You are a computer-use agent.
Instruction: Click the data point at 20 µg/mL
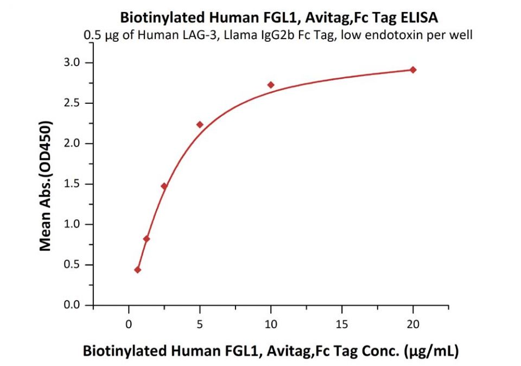click(413, 70)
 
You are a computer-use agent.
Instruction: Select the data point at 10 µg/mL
click(271, 85)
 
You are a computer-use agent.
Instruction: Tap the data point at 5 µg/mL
click(200, 124)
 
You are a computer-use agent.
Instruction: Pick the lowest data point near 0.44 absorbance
click(138, 270)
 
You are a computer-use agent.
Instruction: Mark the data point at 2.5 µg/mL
click(164, 186)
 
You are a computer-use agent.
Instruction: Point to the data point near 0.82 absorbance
click(147, 239)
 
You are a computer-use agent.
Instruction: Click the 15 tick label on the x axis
click(342, 324)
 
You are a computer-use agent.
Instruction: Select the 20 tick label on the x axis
click(413, 324)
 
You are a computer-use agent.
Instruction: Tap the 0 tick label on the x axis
click(129, 324)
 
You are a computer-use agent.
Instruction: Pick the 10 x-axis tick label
click(271, 324)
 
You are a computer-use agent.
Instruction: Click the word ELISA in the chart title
click(419, 17)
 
